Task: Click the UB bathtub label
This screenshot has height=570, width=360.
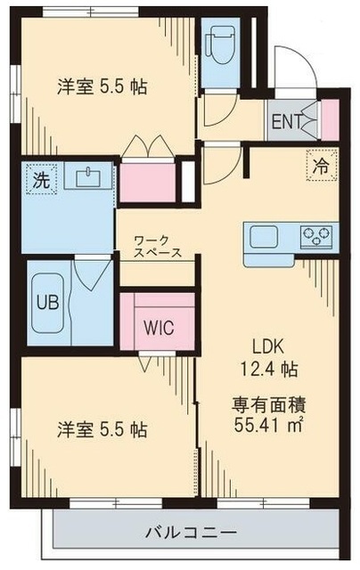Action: (x=46, y=300)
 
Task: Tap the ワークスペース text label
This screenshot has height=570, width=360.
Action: (x=159, y=247)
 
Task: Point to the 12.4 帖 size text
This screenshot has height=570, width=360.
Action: (x=273, y=367)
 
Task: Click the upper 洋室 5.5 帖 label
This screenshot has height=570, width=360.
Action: (x=101, y=87)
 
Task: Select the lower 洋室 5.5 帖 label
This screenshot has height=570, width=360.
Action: (x=101, y=428)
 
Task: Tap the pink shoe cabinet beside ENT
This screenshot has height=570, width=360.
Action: (x=329, y=121)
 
